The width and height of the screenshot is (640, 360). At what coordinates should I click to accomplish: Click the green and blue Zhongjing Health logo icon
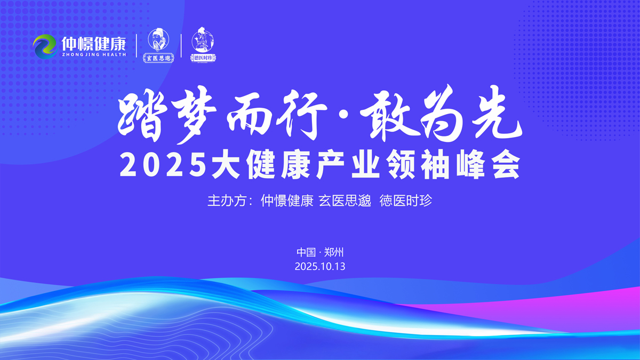click(45, 46)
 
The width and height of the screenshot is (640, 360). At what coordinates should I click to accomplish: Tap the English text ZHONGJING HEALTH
click(94, 54)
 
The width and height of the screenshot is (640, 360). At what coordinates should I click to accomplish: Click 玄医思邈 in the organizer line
click(345, 201)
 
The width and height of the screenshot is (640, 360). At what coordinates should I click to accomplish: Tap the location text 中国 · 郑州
click(320, 252)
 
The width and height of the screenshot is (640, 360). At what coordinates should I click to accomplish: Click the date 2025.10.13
click(320, 266)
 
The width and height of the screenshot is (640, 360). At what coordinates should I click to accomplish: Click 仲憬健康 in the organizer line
click(287, 201)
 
